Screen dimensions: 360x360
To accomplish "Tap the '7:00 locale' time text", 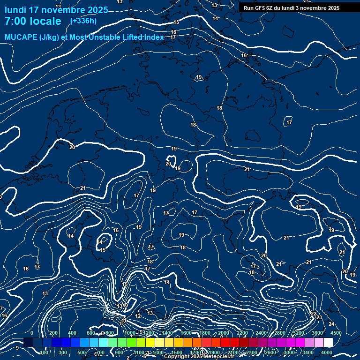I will [33, 21].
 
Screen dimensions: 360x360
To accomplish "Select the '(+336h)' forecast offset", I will [83, 21].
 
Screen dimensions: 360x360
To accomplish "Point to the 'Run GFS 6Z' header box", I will [292, 8].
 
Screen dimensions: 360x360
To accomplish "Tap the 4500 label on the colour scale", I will [336, 333].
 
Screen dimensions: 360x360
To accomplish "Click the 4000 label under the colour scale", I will [327, 352].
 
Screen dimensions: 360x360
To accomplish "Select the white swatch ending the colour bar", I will [328, 343].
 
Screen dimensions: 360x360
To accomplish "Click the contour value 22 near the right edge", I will [314, 313].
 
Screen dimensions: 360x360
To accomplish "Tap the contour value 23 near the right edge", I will [319, 318].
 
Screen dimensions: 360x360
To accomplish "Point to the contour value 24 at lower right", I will [331, 324].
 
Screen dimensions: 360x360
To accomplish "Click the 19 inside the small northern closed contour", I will [199, 77].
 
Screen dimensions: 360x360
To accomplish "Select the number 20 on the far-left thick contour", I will [72, 147].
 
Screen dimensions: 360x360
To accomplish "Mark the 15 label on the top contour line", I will [176, 22].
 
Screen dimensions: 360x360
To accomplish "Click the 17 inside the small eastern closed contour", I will [289, 122].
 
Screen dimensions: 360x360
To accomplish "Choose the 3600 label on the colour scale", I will [317, 333].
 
